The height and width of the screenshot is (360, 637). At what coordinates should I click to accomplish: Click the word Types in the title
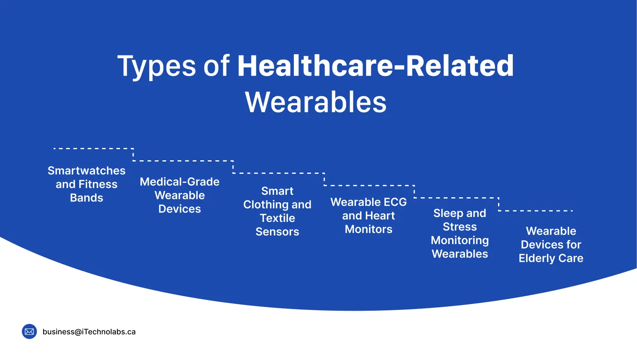(157, 67)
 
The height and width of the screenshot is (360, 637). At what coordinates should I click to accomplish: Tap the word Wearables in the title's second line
(316, 102)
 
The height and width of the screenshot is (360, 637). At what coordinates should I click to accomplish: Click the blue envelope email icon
(29, 332)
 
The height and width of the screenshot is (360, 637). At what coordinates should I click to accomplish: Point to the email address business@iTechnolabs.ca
(89, 332)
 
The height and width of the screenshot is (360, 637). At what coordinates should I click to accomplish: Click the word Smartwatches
(86, 171)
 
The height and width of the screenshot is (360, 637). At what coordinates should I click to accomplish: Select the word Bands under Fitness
(86, 198)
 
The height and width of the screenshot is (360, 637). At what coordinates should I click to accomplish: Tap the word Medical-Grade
(180, 182)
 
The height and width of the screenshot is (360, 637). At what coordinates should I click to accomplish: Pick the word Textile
(277, 218)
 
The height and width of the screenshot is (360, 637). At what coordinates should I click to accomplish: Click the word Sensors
(277, 232)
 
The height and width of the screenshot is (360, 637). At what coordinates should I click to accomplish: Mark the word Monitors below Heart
(369, 229)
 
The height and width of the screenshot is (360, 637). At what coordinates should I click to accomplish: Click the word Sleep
(448, 213)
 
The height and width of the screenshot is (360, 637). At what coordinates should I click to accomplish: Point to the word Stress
(460, 227)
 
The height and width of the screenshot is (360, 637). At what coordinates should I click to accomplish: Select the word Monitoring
(460, 240)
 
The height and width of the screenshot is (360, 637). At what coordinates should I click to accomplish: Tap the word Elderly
(537, 258)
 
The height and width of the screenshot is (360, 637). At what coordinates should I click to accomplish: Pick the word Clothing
(265, 205)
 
